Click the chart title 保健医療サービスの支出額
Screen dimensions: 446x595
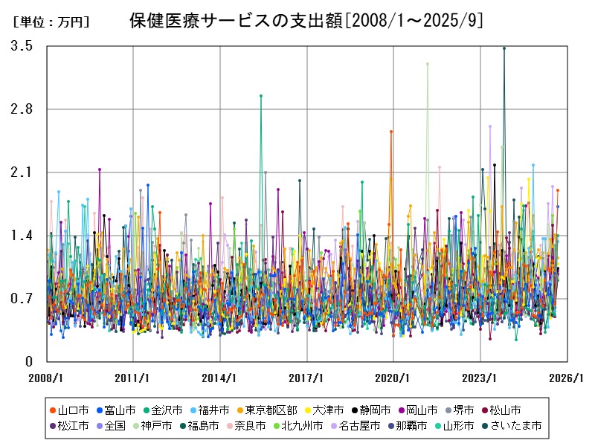tap(305, 21)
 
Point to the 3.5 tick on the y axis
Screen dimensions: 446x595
tap(22, 46)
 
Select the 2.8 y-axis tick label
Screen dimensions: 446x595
tap(22, 109)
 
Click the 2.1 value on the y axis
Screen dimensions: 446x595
tap(22, 172)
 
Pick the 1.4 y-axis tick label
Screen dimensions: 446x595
tap(22, 236)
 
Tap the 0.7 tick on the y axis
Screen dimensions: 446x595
tap(22, 299)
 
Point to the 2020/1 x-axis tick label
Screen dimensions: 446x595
tap(393, 377)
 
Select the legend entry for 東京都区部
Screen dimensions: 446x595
tap(271, 410)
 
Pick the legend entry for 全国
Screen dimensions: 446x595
tap(115, 426)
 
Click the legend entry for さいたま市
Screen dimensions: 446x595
tap(515, 426)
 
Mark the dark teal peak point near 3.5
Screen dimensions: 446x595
tap(504, 48)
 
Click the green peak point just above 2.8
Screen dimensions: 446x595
tap(260, 96)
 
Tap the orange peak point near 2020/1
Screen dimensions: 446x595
tap(391, 132)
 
